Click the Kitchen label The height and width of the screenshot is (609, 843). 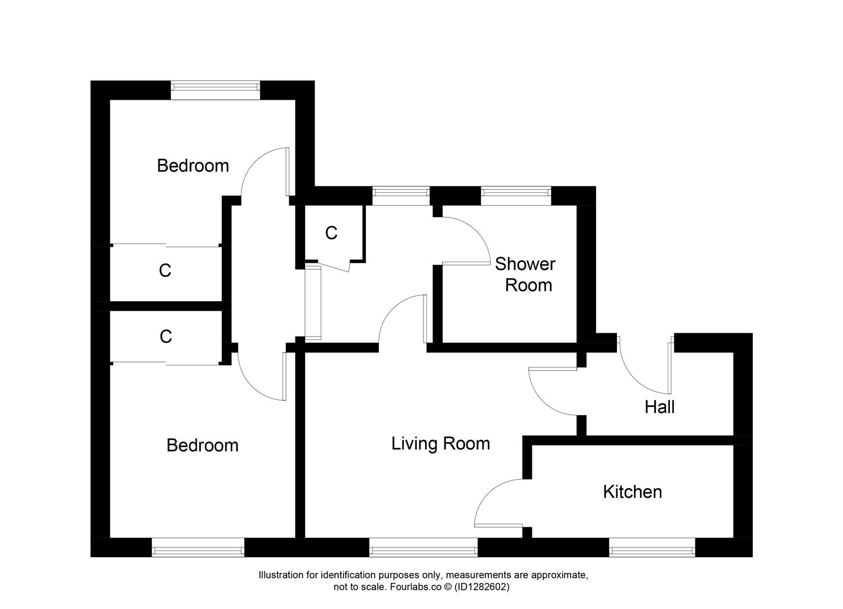632,492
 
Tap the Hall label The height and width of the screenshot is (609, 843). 659,407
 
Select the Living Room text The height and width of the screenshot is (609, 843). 440,444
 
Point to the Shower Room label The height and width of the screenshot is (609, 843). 526,275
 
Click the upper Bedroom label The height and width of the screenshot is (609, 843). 193,166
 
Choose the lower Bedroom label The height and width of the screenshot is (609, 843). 202,445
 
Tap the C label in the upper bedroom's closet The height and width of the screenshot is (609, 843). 165,271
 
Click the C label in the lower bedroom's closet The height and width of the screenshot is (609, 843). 165,337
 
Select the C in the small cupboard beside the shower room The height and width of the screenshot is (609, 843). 331,233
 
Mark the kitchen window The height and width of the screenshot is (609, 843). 652,548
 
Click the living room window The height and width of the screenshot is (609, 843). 423,548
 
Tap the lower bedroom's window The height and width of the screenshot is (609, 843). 198,548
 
